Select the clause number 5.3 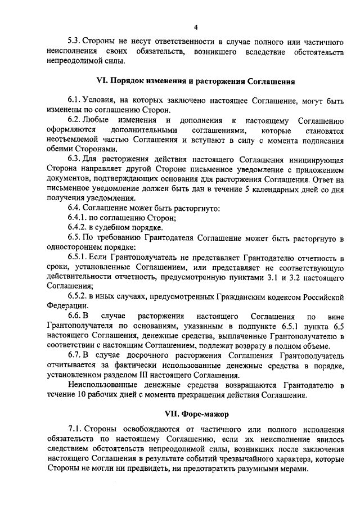pyautogui.click(x=75, y=42)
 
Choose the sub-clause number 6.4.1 pyautogui.click(x=78, y=218)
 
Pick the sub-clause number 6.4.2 pyautogui.click(x=78, y=227)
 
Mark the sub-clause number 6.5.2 pyautogui.click(x=78, y=296)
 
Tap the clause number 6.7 pyautogui.click(x=75, y=355)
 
